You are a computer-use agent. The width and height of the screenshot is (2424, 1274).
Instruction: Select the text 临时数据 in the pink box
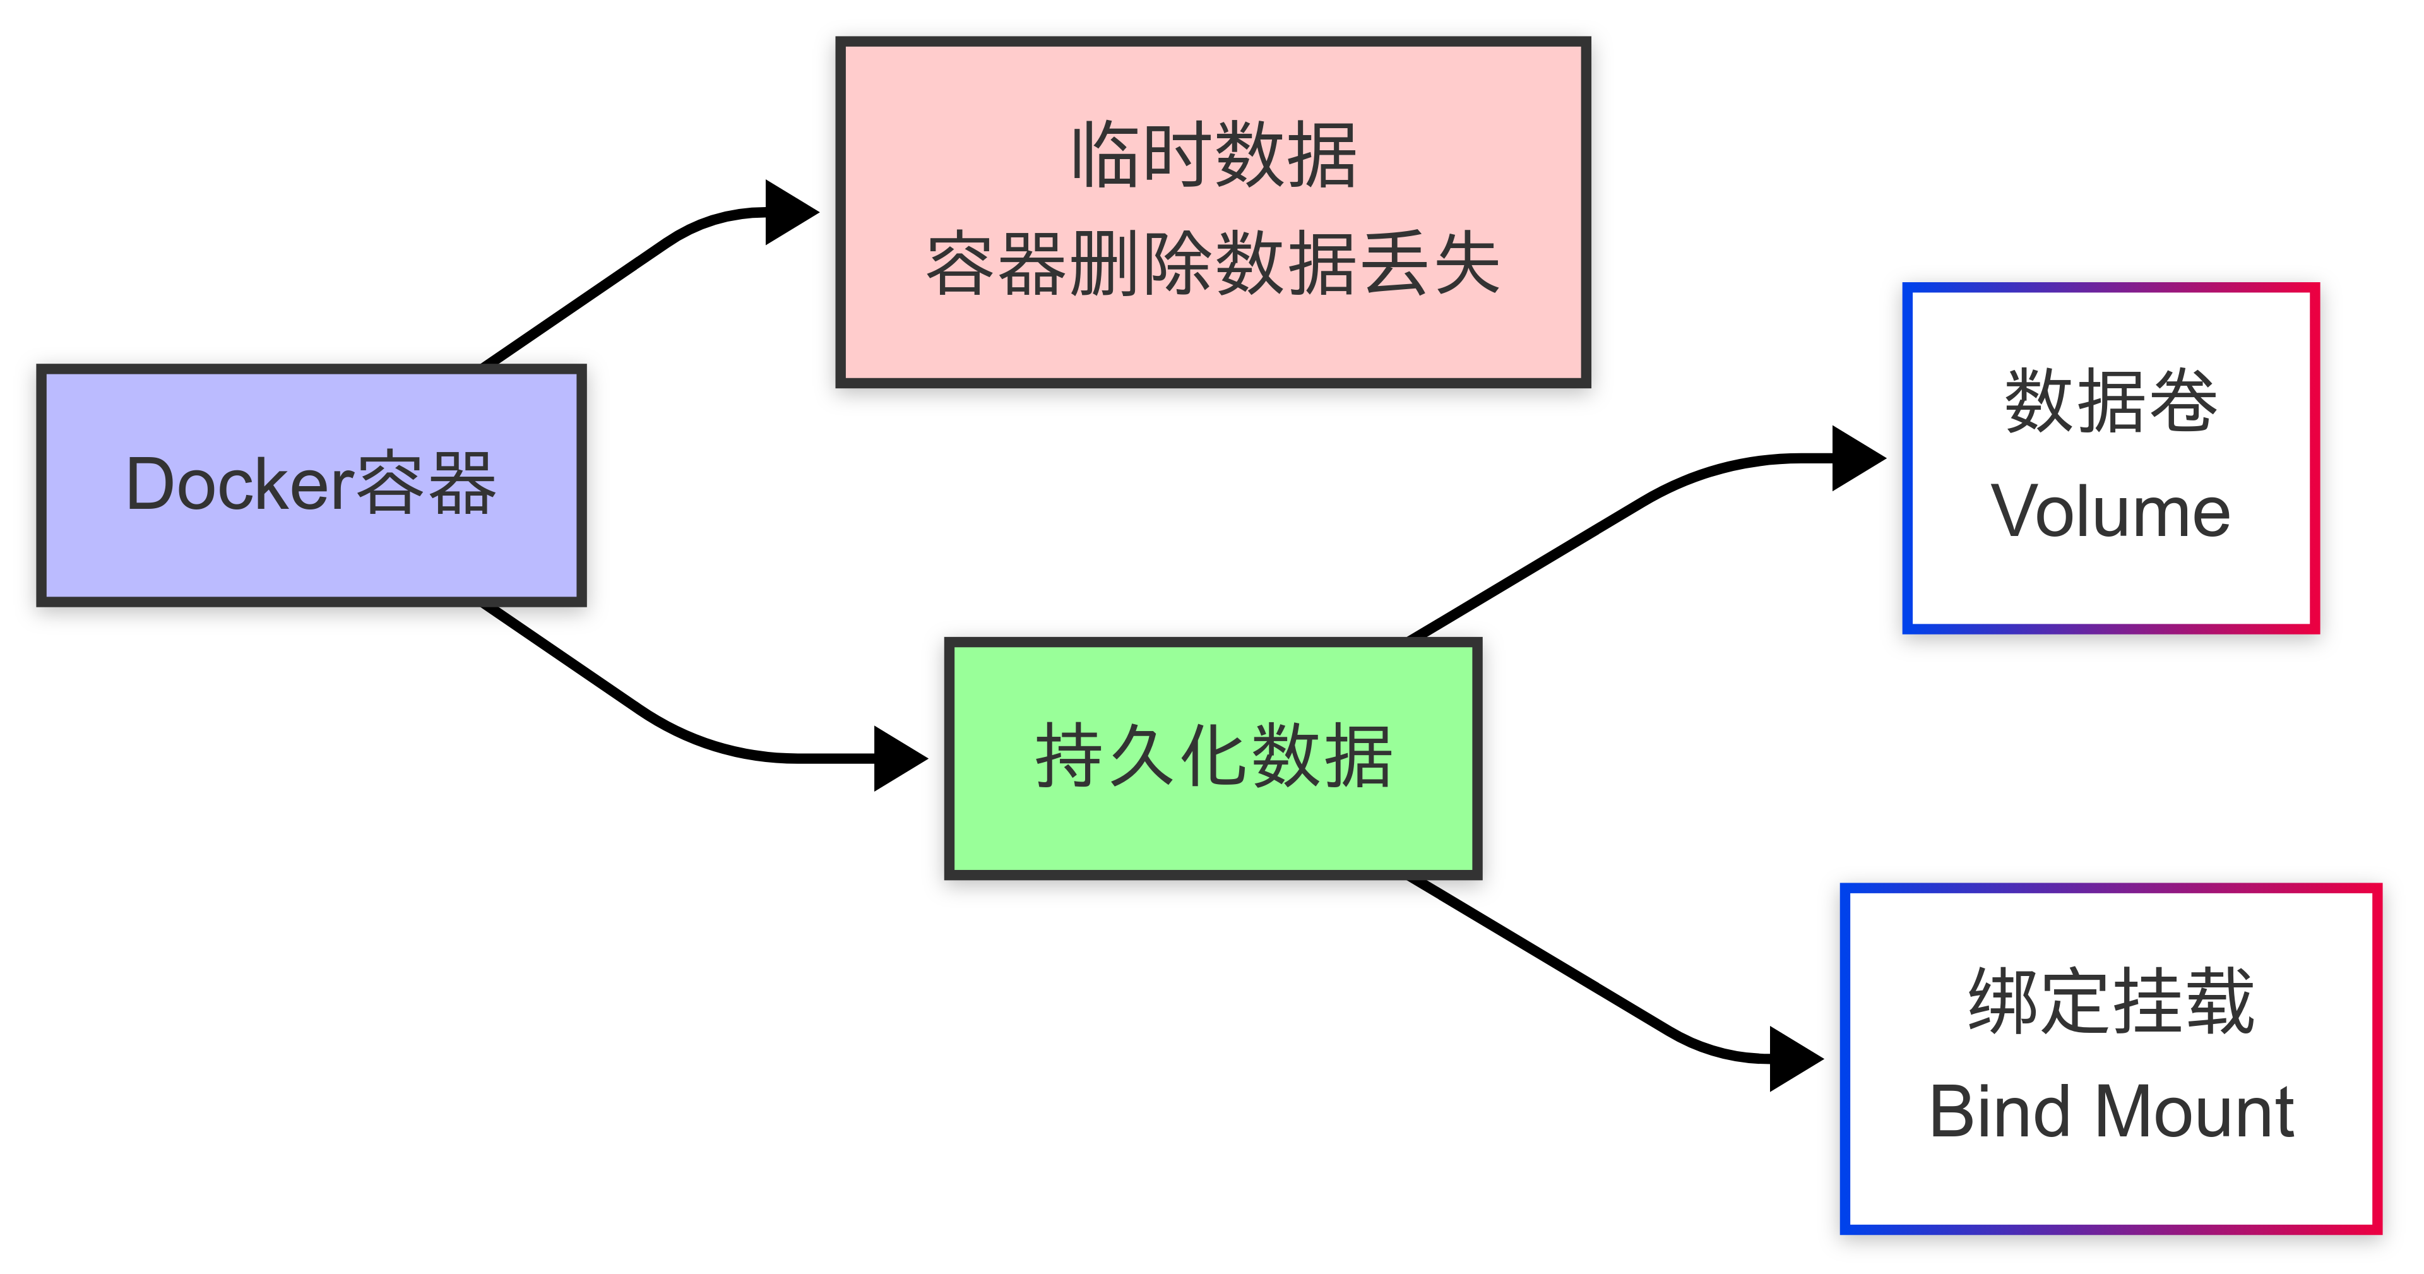(1214, 155)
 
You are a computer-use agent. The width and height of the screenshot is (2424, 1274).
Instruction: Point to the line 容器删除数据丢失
(1214, 263)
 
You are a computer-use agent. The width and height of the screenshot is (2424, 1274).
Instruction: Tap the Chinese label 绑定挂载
(2111, 1002)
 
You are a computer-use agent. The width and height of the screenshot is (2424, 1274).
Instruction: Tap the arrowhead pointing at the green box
(899, 758)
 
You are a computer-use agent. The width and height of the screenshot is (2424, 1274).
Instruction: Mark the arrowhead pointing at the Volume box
(1857, 458)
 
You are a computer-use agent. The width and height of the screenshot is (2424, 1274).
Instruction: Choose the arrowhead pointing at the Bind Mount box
(1795, 1059)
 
